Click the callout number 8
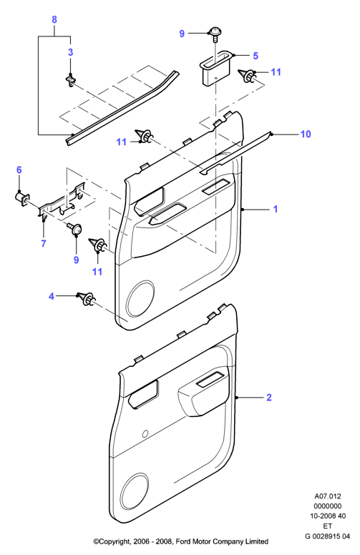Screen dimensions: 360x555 54,20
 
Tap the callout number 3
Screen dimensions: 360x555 71,52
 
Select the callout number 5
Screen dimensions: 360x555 256,56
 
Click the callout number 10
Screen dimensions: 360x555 306,134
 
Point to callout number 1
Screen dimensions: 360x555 276,209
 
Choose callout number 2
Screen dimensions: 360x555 269,398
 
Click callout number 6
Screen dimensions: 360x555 19,170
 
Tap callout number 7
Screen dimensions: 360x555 44,243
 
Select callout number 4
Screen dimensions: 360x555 52,296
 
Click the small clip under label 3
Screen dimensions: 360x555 72,81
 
